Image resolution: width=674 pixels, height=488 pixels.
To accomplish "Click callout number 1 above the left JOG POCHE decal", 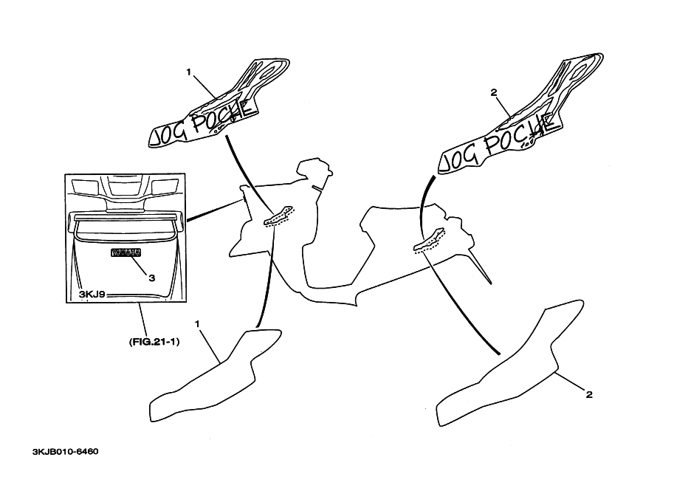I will pyautogui.click(x=189, y=72).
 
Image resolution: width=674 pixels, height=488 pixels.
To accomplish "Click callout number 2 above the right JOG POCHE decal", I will pyautogui.click(x=494, y=93).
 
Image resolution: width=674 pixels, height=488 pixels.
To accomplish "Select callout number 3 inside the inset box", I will pyautogui.click(x=151, y=278).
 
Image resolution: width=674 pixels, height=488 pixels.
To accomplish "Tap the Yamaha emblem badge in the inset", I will pyautogui.click(x=125, y=253).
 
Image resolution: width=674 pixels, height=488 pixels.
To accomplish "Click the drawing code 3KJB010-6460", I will pyautogui.click(x=65, y=450).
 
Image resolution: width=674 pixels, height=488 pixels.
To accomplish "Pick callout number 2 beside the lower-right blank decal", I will pyautogui.click(x=588, y=394).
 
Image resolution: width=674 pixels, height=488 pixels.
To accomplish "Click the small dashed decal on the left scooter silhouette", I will pyautogui.click(x=280, y=215).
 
